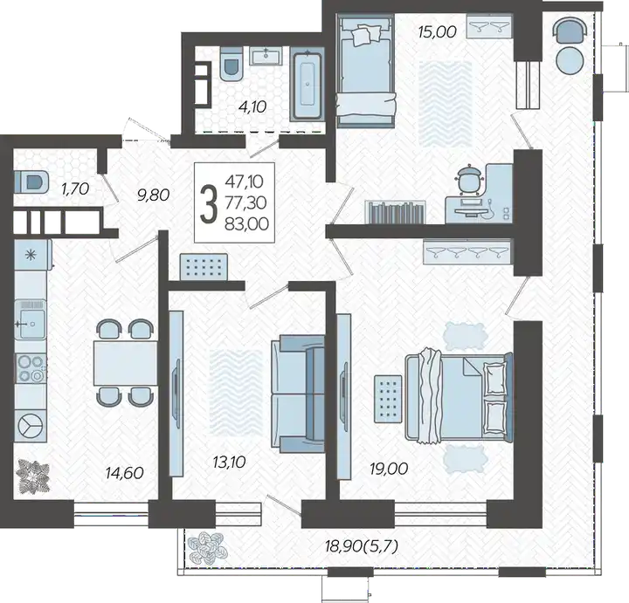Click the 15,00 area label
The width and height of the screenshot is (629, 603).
coord(438,32)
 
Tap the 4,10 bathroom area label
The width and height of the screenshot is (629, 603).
coord(252,107)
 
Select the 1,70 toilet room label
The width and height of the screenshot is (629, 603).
coord(75,188)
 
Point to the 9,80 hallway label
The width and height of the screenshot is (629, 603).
coord(153,195)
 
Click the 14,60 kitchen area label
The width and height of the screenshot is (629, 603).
coord(124,473)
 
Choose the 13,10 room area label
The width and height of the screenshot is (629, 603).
coord(229,463)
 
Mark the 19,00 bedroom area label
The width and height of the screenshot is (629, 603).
coord(389,469)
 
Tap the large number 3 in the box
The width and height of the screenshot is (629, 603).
coord(209,203)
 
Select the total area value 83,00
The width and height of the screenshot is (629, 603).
coord(246,224)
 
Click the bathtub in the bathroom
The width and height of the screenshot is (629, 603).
coord(308,85)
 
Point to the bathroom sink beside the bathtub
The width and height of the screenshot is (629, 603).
coord(266,55)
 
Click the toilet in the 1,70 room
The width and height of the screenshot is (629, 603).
coord(31,182)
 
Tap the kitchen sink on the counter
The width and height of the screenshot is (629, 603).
coord(30,319)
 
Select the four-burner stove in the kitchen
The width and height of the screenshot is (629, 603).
coord(31,368)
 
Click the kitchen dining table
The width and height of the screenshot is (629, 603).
coord(126,363)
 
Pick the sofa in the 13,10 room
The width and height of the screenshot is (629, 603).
coord(298,394)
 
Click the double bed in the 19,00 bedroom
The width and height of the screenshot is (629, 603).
coord(459,397)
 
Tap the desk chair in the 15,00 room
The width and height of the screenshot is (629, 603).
coord(468,177)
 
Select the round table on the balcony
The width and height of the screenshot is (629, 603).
coord(570,60)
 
